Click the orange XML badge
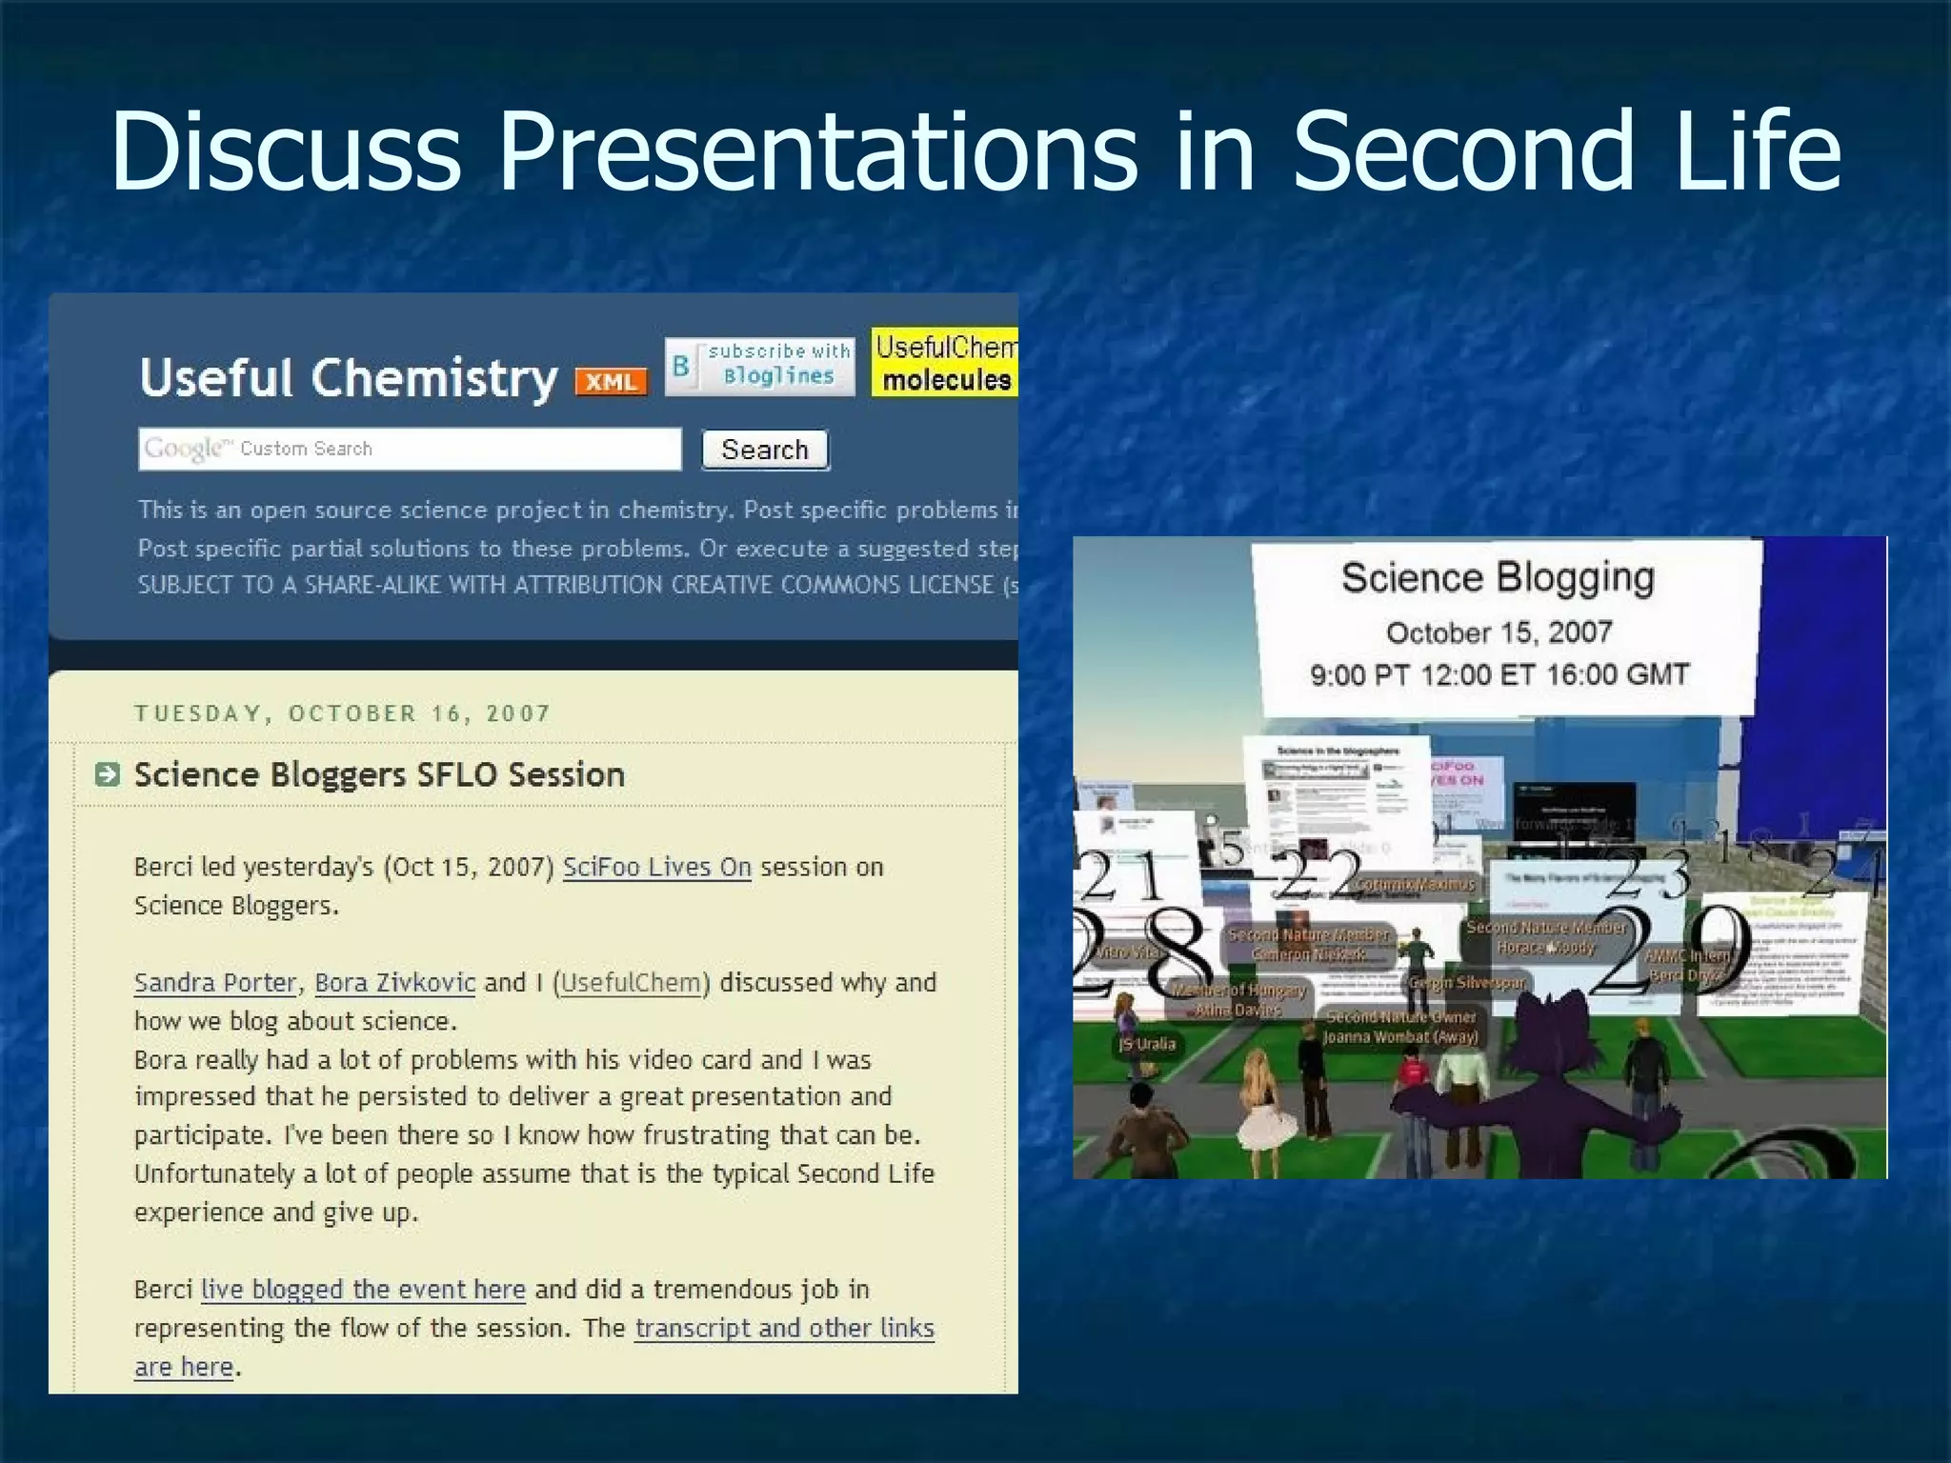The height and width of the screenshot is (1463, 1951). click(x=611, y=382)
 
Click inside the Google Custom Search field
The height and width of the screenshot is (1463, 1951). click(x=410, y=449)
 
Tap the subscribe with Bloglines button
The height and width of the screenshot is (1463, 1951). click(x=759, y=365)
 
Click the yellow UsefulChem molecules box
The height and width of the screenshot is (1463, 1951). click(x=944, y=363)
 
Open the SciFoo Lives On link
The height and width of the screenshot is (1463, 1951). click(x=656, y=868)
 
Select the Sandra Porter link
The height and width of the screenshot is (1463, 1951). click(x=215, y=983)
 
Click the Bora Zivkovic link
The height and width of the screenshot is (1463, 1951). click(x=394, y=983)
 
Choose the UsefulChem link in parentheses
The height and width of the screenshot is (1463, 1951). click(x=631, y=983)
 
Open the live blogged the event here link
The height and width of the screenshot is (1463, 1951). click(x=363, y=1290)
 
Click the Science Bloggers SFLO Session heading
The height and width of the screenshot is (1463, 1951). click(x=379, y=775)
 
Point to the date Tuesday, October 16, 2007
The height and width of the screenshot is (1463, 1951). click(x=342, y=714)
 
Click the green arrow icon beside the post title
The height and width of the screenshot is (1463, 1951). click(x=108, y=775)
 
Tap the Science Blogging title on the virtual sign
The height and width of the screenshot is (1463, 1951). click(x=1498, y=578)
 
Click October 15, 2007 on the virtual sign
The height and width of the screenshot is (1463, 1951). click(x=1498, y=632)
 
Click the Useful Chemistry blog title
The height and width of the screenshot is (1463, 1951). click(x=348, y=378)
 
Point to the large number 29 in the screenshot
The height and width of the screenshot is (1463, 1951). click(x=1672, y=952)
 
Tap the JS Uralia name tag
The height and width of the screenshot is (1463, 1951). click(x=1147, y=1044)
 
